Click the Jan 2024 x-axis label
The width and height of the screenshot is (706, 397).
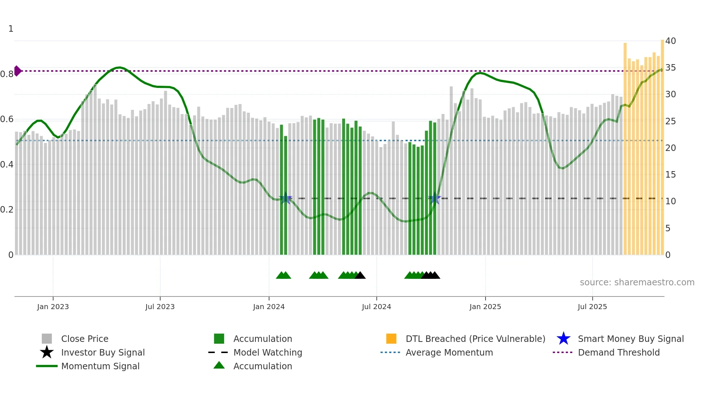(269, 307)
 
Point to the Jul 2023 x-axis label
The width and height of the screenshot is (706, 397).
(160, 307)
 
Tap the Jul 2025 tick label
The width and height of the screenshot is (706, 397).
(592, 307)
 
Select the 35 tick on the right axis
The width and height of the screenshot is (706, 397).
(670, 68)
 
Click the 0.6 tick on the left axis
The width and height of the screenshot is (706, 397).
(7, 119)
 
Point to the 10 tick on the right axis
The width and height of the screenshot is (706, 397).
(670, 201)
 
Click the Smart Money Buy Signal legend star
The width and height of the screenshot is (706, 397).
(563, 339)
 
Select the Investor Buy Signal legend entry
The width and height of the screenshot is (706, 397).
(103, 352)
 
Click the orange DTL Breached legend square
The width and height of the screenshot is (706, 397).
(391, 339)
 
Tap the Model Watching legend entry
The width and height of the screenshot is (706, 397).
(267, 352)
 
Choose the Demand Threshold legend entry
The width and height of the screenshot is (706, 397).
(618, 352)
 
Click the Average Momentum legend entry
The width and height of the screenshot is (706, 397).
(449, 352)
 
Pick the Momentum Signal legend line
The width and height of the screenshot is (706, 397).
(47, 366)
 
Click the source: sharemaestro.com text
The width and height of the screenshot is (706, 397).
(637, 282)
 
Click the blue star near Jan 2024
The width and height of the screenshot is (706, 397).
(286, 198)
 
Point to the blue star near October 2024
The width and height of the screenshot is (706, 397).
(435, 198)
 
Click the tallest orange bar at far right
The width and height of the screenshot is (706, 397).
(662, 144)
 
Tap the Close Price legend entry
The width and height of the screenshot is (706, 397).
(84, 339)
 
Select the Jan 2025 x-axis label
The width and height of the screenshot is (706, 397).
(485, 307)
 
